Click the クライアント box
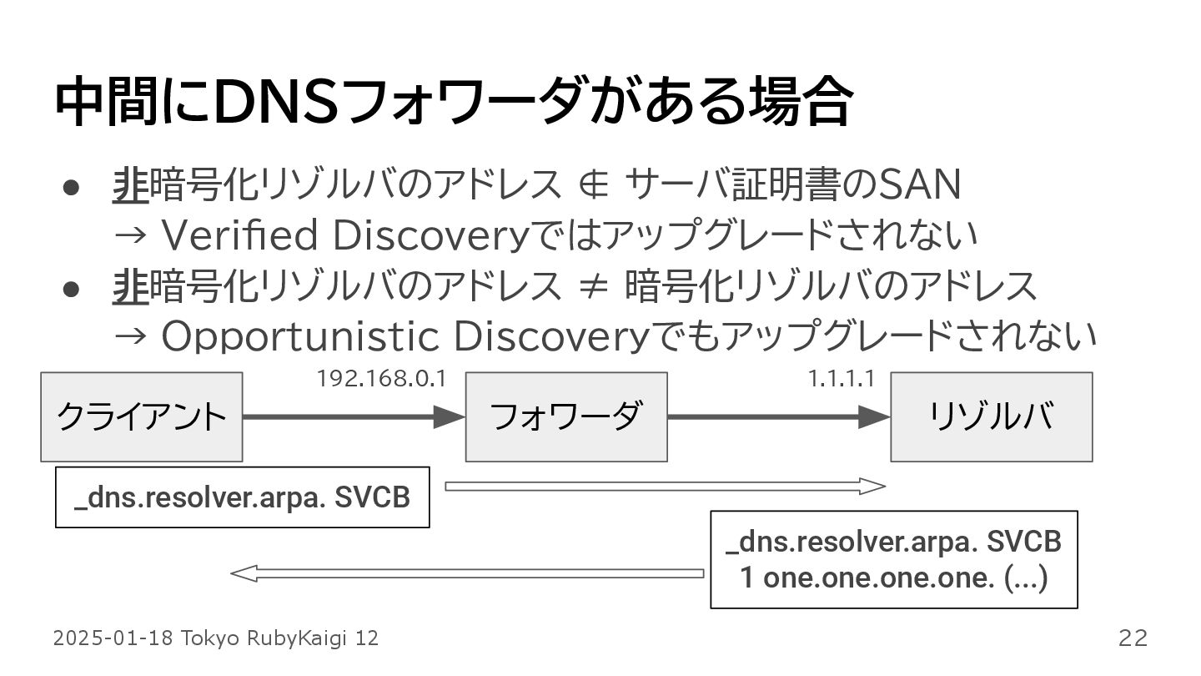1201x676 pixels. click(142, 416)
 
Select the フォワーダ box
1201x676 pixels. click(566, 416)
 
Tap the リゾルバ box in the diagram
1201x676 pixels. click(991, 416)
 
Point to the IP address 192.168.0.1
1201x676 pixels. click(381, 379)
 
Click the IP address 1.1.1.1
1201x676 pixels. click(841, 379)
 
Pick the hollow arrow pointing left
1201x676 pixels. click(466, 573)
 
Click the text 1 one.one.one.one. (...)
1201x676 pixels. click(894, 578)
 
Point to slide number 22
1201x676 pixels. click(1133, 638)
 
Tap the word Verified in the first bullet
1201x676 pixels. click(240, 235)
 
